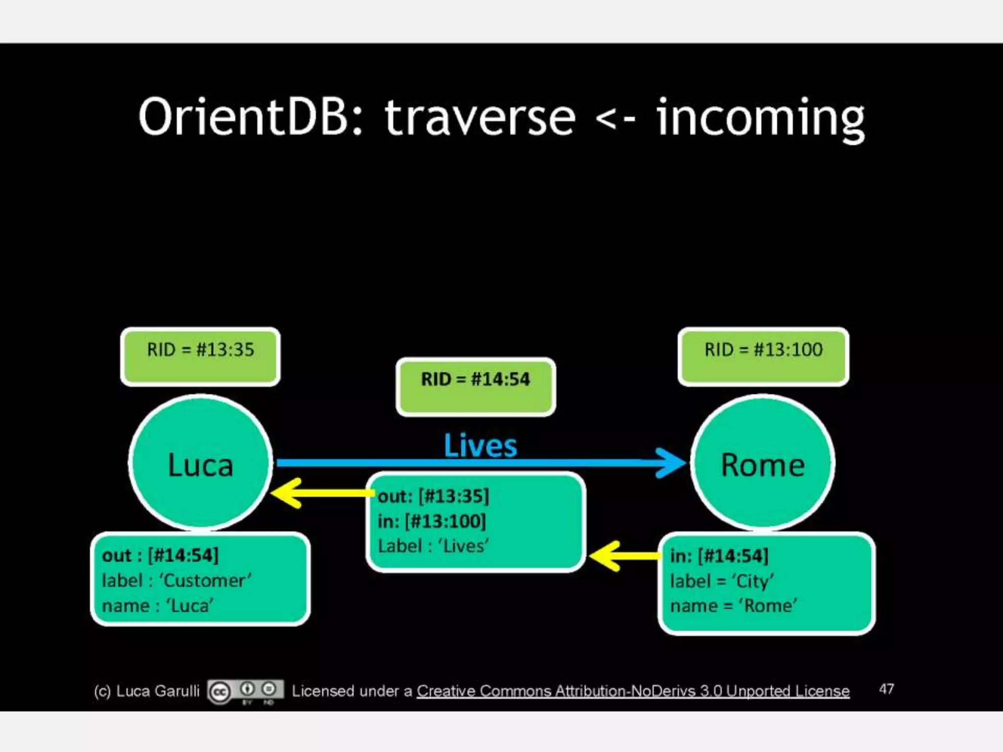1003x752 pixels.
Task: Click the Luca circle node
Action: [x=200, y=463]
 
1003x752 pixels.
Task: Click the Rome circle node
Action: [x=763, y=463]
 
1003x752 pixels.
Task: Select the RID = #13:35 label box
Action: [x=200, y=356]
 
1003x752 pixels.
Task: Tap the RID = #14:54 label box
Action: [x=476, y=386]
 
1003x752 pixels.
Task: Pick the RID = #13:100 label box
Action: [x=763, y=356]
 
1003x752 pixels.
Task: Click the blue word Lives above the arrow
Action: [x=480, y=446]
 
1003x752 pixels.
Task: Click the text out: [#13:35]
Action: [x=433, y=496]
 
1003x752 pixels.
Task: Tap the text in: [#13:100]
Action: [x=431, y=521]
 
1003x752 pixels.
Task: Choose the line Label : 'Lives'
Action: [x=433, y=546]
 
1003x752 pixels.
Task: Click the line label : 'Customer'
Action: [x=176, y=581]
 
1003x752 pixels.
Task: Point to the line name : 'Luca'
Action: [x=158, y=606]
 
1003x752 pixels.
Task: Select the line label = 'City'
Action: [x=722, y=581]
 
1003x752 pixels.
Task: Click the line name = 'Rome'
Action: [x=733, y=606]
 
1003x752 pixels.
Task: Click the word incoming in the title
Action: [x=760, y=119]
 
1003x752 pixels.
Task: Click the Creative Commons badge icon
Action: [x=245, y=692]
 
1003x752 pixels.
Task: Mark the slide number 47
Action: [x=886, y=689]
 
